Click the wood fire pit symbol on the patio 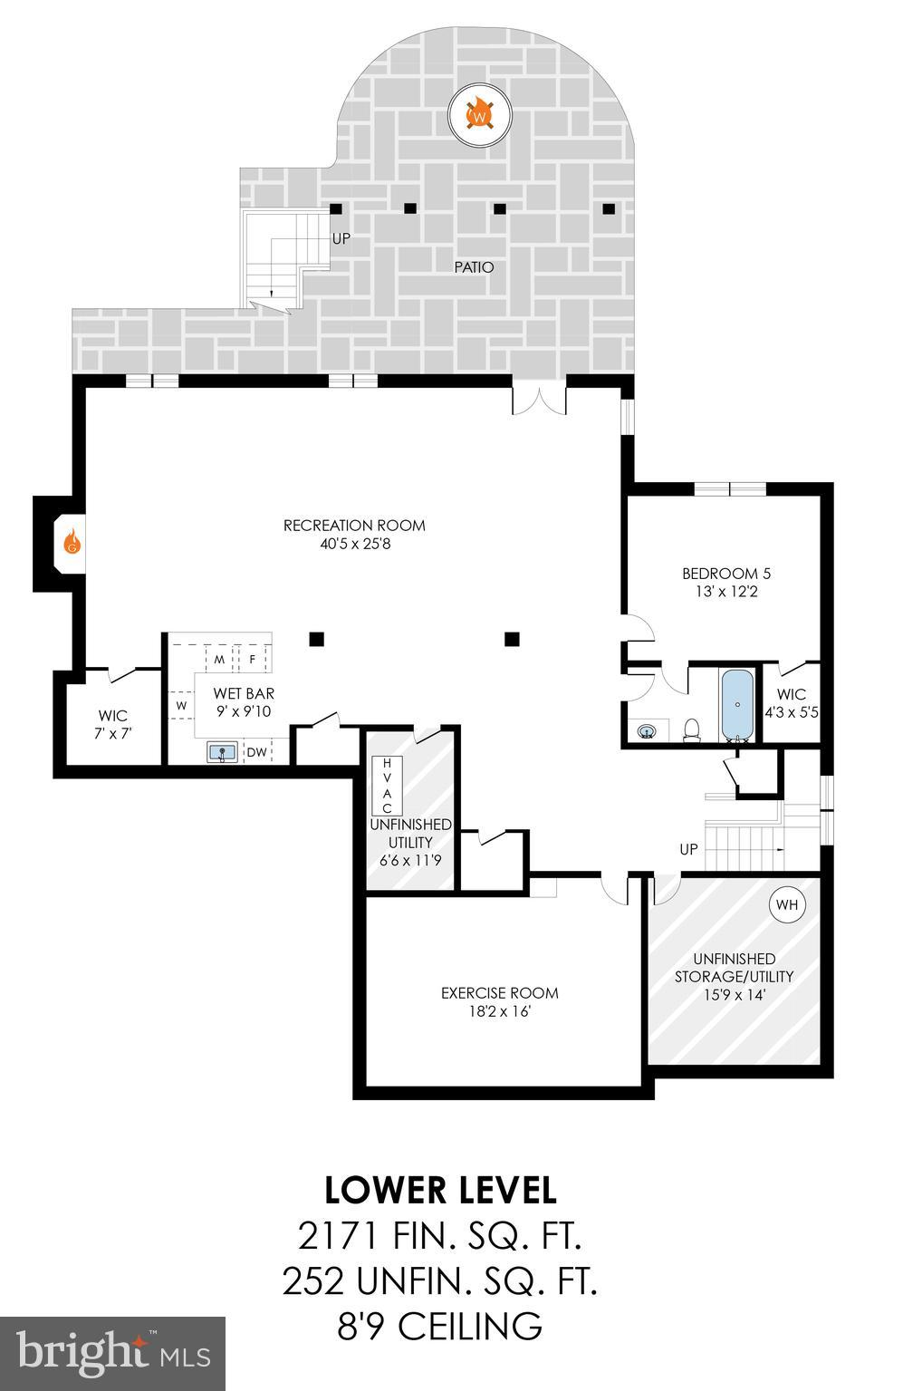pyautogui.click(x=480, y=116)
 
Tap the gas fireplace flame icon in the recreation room pyautogui.click(x=72, y=544)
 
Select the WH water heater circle pyautogui.click(x=787, y=904)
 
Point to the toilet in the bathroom pyautogui.click(x=692, y=729)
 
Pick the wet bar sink pyautogui.click(x=222, y=751)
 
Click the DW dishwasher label pyautogui.click(x=257, y=751)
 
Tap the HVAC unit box pyautogui.click(x=387, y=785)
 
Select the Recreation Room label pyautogui.click(x=354, y=526)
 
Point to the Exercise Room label pyautogui.click(x=499, y=993)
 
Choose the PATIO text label pyautogui.click(x=475, y=267)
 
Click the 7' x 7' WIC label pyautogui.click(x=113, y=733)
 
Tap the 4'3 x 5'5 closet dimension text pyautogui.click(x=792, y=712)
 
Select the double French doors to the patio pyautogui.click(x=540, y=400)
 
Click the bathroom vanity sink pyautogui.click(x=647, y=730)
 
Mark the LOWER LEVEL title pyautogui.click(x=440, y=1190)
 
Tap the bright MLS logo pyautogui.click(x=112, y=1353)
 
